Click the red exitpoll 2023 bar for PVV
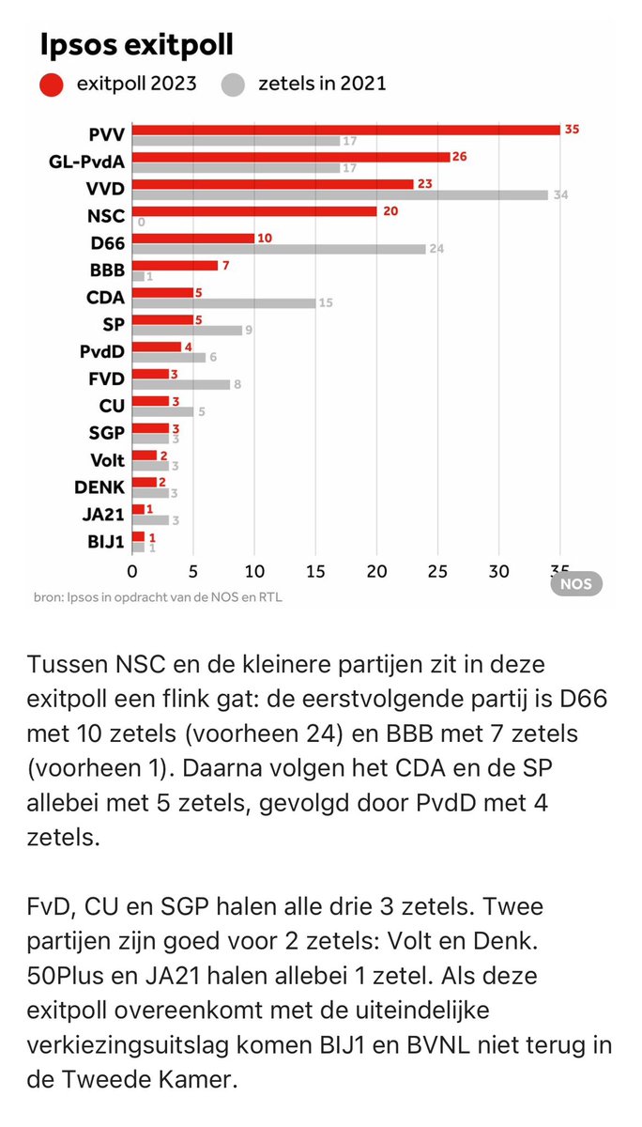pyautogui.click(x=345, y=130)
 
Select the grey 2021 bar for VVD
pyautogui.click(x=340, y=195)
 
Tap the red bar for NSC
pyautogui.click(x=254, y=211)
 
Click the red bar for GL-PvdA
pyautogui.click(x=291, y=157)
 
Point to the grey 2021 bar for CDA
pyautogui.click(x=223, y=302)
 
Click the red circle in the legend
pyautogui.click(x=52, y=85)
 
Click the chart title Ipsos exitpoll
pyautogui.click(x=136, y=44)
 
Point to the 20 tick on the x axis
pyautogui.click(x=376, y=571)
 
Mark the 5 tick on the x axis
pyautogui.click(x=193, y=571)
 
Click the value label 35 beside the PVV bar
pyautogui.click(x=572, y=130)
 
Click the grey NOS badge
pyautogui.click(x=575, y=583)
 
